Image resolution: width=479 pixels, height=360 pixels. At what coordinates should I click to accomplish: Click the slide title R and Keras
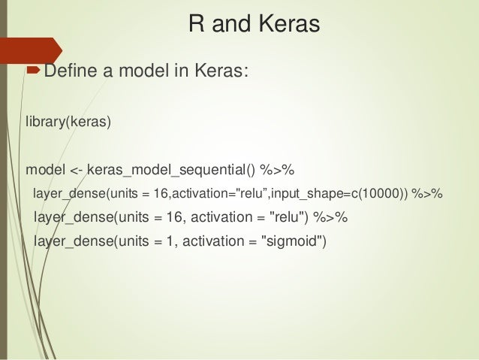coord(254,25)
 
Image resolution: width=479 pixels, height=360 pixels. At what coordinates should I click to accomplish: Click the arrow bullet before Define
coord(34,72)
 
